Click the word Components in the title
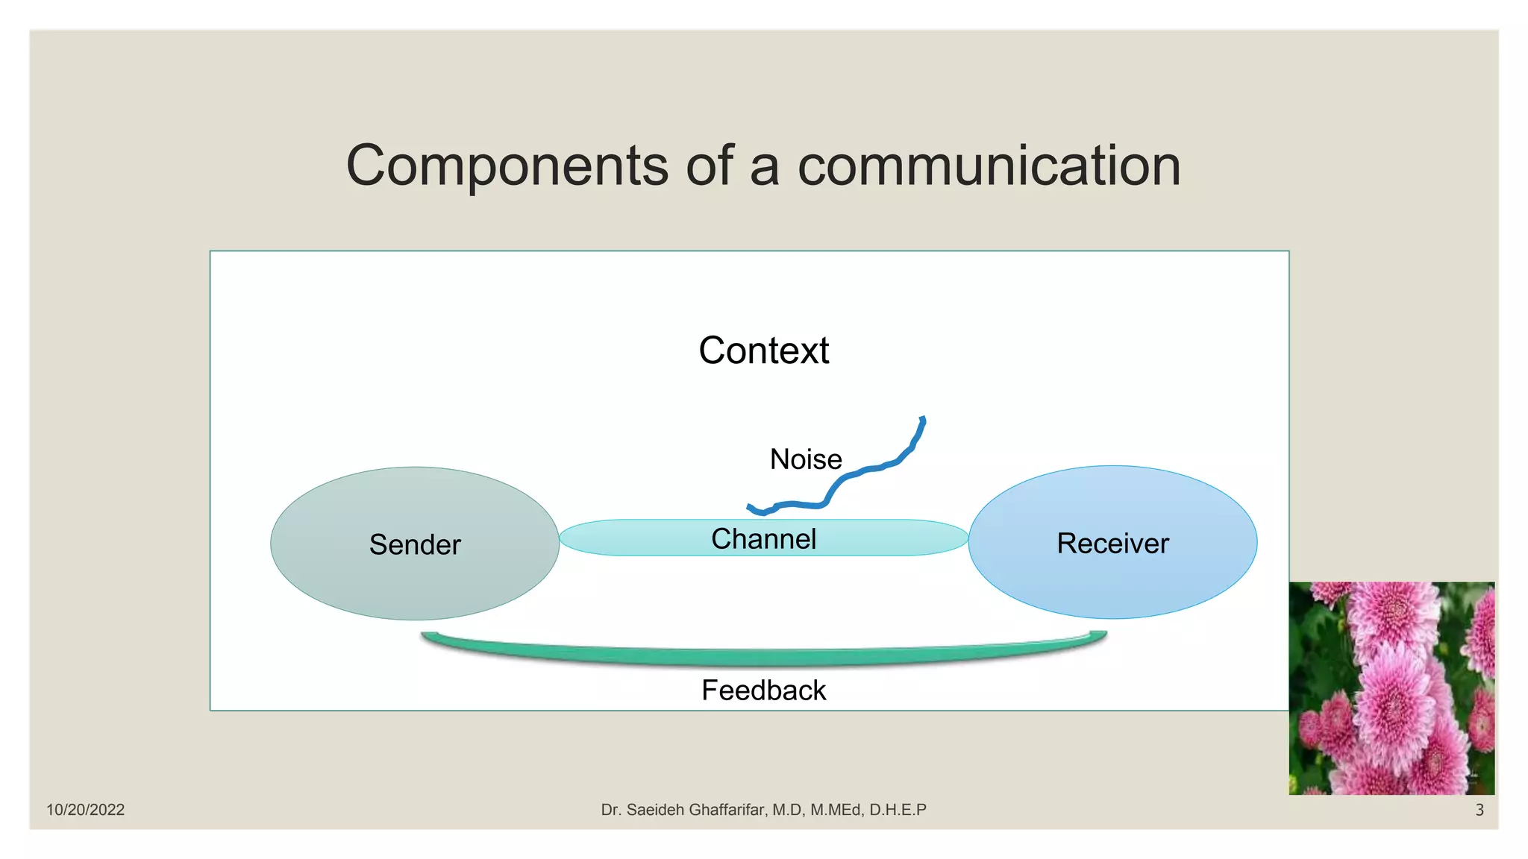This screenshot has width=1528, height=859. pos(507,166)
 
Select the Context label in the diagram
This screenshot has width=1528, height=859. pos(763,350)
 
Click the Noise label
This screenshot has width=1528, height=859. pos(806,459)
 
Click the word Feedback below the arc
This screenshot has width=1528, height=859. pos(763,690)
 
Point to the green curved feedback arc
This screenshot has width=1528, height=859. pos(763,656)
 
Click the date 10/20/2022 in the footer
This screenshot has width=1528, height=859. pos(85,810)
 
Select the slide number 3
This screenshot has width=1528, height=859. pos(1480,810)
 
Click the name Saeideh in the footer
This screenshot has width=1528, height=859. pos(656,810)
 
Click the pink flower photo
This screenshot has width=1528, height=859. pos(1391,688)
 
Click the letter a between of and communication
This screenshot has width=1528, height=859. pos(764,168)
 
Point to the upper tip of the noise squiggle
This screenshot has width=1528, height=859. pos(923,420)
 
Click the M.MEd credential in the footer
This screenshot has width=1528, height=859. pos(836,810)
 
